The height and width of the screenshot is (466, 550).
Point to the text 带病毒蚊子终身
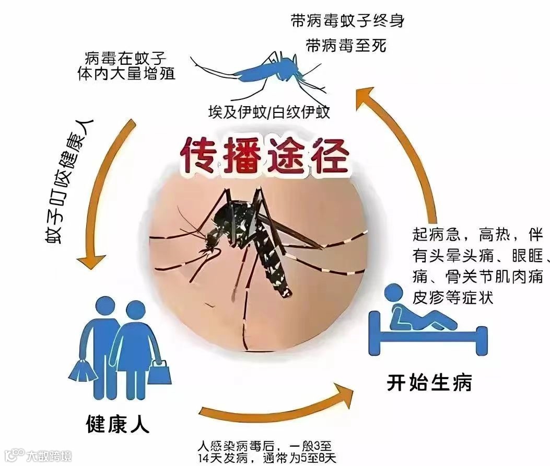(x=347, y=21)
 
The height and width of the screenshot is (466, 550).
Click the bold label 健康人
(x=117, y=424)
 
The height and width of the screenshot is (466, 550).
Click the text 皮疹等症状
(x=453, y=298)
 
